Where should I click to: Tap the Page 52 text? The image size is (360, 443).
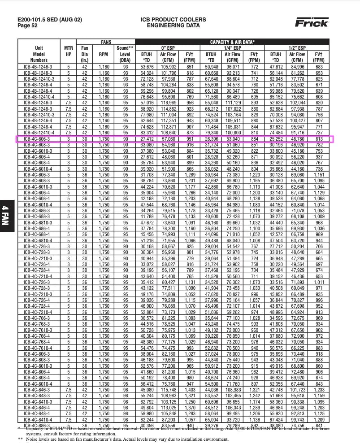(28, 26)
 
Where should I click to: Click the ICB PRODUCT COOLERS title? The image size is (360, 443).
(173, 20)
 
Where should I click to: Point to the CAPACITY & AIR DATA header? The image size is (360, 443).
(233, 42)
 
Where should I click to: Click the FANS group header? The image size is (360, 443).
(106, 42)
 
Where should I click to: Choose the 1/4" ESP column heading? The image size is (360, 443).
(233, 47)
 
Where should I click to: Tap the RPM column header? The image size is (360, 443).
(104, 54)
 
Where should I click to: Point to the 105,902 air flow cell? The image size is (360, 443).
(168, 67)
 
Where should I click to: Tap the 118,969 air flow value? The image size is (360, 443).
(168, 102)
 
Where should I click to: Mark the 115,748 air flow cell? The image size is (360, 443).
(168, 389)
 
